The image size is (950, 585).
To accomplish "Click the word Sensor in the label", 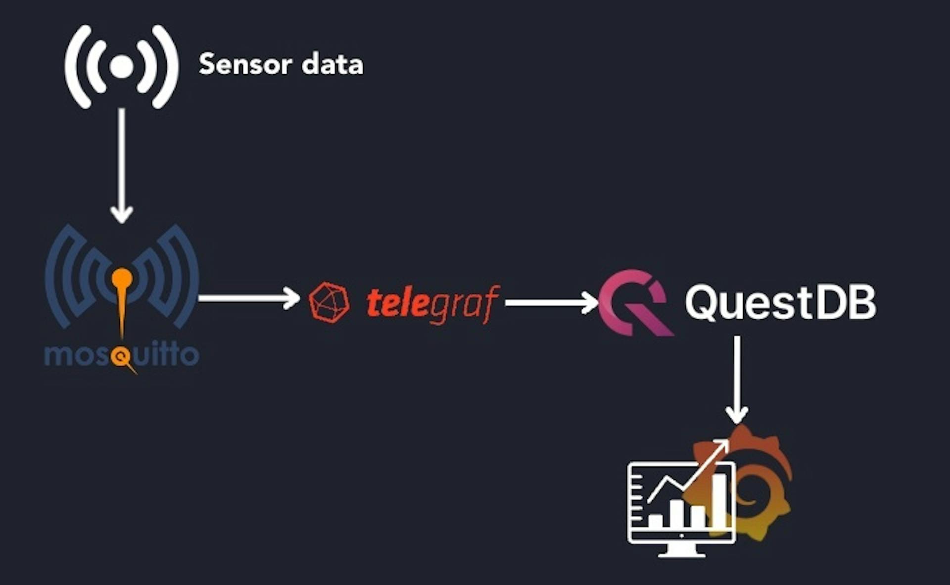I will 245,65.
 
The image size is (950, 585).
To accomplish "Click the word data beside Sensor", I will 332,65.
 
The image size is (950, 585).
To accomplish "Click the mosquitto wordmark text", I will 122,355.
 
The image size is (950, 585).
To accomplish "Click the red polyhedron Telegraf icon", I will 329,302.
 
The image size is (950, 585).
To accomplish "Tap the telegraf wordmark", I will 432,303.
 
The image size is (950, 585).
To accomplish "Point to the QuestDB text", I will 780,302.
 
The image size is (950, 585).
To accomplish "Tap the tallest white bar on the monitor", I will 719,500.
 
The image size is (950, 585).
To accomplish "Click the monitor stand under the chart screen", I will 682,550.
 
